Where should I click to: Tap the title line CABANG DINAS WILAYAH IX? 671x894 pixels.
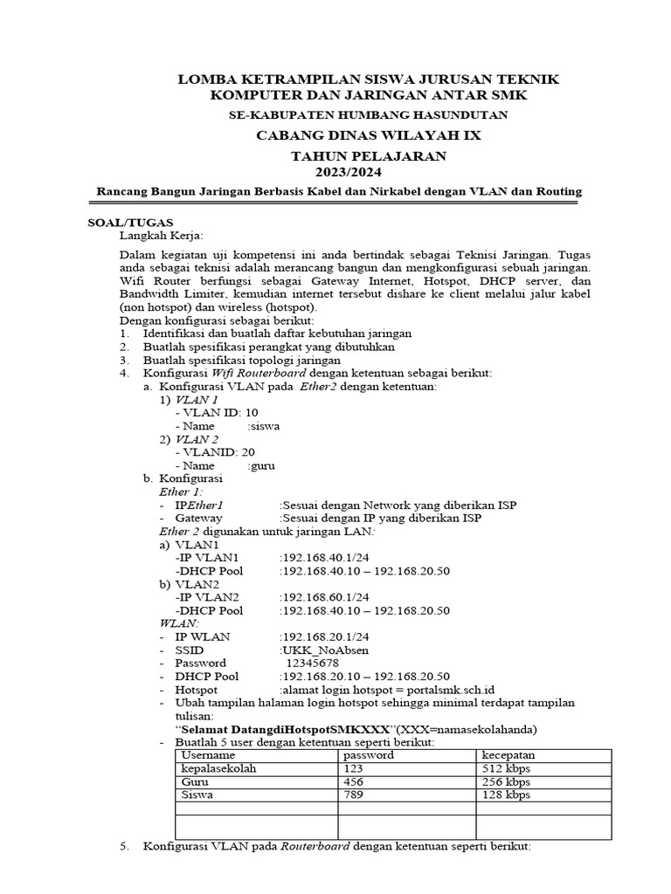[368, 135]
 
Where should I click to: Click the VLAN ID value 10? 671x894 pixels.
[252, 412]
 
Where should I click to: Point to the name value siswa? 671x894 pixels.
[265, 426]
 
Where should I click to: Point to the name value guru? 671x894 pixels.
[262, 465]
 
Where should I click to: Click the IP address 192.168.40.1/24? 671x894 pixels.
[322, 557]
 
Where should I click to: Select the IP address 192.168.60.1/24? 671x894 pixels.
[322, 597]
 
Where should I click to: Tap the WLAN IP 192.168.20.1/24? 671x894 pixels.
[322, 636]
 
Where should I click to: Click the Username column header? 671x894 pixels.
[208, 754]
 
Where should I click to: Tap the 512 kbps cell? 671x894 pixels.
[507, 768]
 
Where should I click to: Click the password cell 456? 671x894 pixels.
[353, 781]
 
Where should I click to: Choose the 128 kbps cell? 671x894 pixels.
[507, 795]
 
